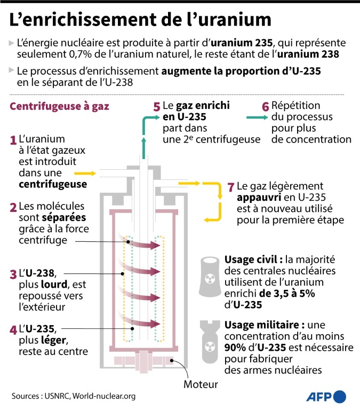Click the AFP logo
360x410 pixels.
click(326, 397)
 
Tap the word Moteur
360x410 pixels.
click(201, 384)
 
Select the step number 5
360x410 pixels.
click(156, 106)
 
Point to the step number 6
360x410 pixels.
click(265, 106)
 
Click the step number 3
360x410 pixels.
click(13, 274)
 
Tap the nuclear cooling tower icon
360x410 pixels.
click(209, 277)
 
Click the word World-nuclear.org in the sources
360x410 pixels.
click(104, 396)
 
